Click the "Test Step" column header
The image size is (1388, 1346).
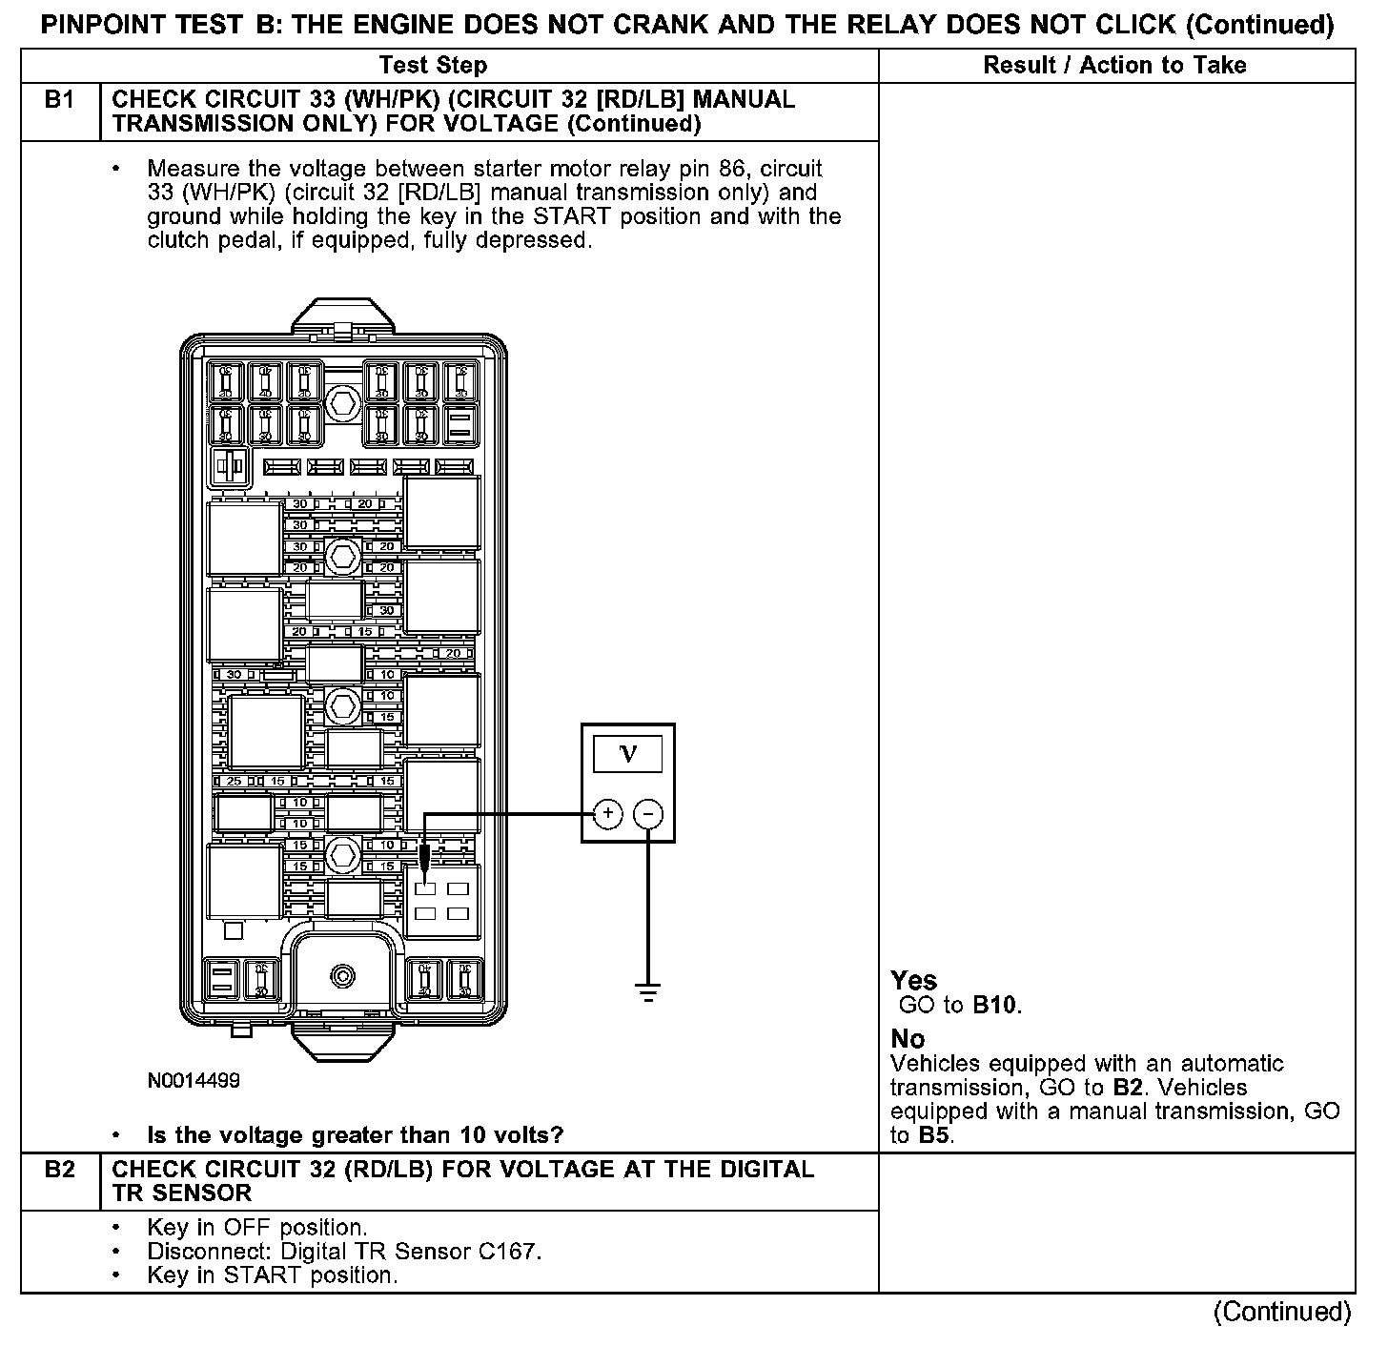(x=433, y=65)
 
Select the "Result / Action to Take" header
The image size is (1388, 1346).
(x=1114, y=65)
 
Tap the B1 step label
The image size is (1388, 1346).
(x=59, y=100)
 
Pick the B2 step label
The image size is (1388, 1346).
(x=59, y=1170)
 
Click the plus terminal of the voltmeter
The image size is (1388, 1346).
(x=607, y=814)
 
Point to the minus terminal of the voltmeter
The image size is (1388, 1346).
(x=648, y=814)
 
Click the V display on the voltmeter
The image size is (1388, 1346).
(x=627, y=754)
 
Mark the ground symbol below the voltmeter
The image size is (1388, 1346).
(x=648, y=991)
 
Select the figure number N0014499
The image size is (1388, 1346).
(x=194, y=1081)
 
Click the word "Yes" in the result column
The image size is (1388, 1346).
(x=913, y=980)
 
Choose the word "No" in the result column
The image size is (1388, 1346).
(x=908, y=1038)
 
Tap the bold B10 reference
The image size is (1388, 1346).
(x=995, y=1005)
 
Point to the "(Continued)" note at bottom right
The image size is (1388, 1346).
(x=1281, y=1313)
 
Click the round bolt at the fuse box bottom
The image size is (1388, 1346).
(x=341, y=975)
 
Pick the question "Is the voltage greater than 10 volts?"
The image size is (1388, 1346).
(x=355, y=1135)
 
